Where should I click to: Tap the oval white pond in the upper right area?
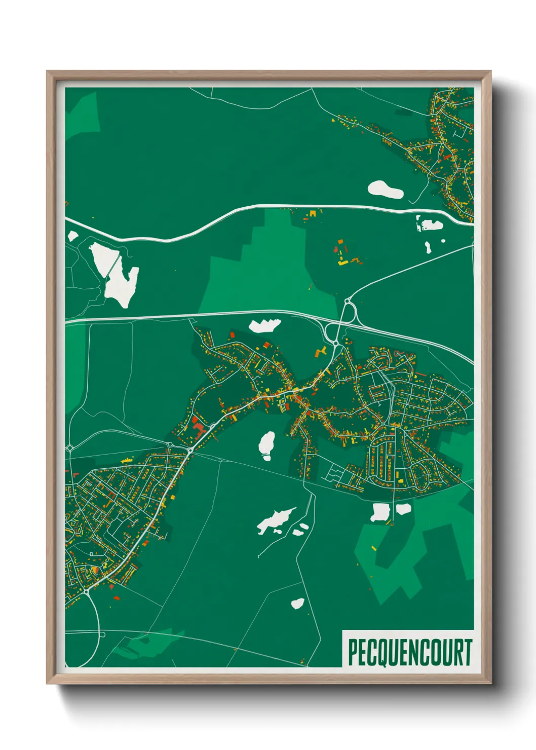pos(385,190)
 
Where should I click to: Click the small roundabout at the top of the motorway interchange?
pos(348,302)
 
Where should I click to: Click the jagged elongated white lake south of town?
pos(275,519)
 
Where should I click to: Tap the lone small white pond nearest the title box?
pos(297,603)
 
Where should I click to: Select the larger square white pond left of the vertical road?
pos(379,512)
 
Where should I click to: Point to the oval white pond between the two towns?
pos(266,444)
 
